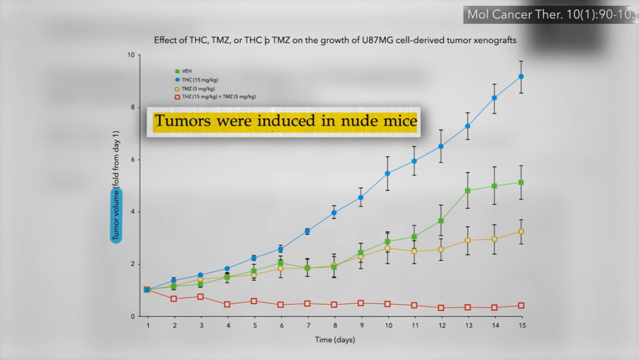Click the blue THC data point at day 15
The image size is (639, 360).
[x=521, y=77]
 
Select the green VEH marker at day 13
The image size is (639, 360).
[x=468, y=190]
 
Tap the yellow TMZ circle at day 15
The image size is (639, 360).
[x=521, y=232]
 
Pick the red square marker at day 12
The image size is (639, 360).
[x=441, y=308]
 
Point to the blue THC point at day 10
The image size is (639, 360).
[x=387, y=173]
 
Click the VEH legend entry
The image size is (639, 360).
[x=183, y=71]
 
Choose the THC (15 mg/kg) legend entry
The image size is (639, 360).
[x=196, y=80]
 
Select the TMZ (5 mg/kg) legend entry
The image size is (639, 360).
[x=194, y=89]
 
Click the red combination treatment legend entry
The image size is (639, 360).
[x=215, y=97]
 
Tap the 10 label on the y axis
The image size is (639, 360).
[x=131, y=55]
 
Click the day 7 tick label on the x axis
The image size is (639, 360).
[x=308, y=326]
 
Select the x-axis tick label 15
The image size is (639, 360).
[x=522, y=326]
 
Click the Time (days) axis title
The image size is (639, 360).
[x=335, y=340]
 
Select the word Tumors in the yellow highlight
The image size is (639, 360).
[x=183, y=120]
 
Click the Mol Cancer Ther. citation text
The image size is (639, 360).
[x=551, y=14]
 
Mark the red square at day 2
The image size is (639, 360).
[x=174, y=299]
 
